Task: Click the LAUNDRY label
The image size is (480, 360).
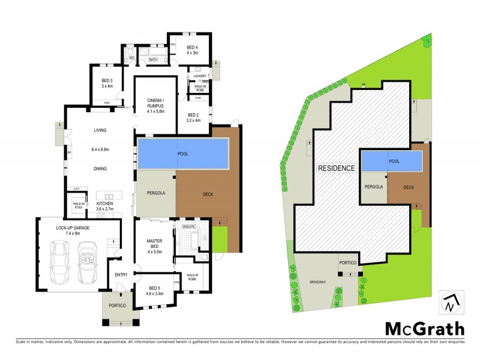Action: click(200, 76)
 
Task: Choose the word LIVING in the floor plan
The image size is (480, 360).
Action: click(100, 130)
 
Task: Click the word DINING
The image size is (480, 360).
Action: click(100, 169)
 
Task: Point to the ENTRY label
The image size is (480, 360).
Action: click(121, 275)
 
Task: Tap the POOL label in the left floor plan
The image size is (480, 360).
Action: click(183, 154)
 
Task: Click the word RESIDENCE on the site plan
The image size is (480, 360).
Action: click(336, 169)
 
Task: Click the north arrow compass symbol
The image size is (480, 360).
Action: click(451, 302)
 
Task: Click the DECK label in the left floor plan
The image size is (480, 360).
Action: click(208, 194)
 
